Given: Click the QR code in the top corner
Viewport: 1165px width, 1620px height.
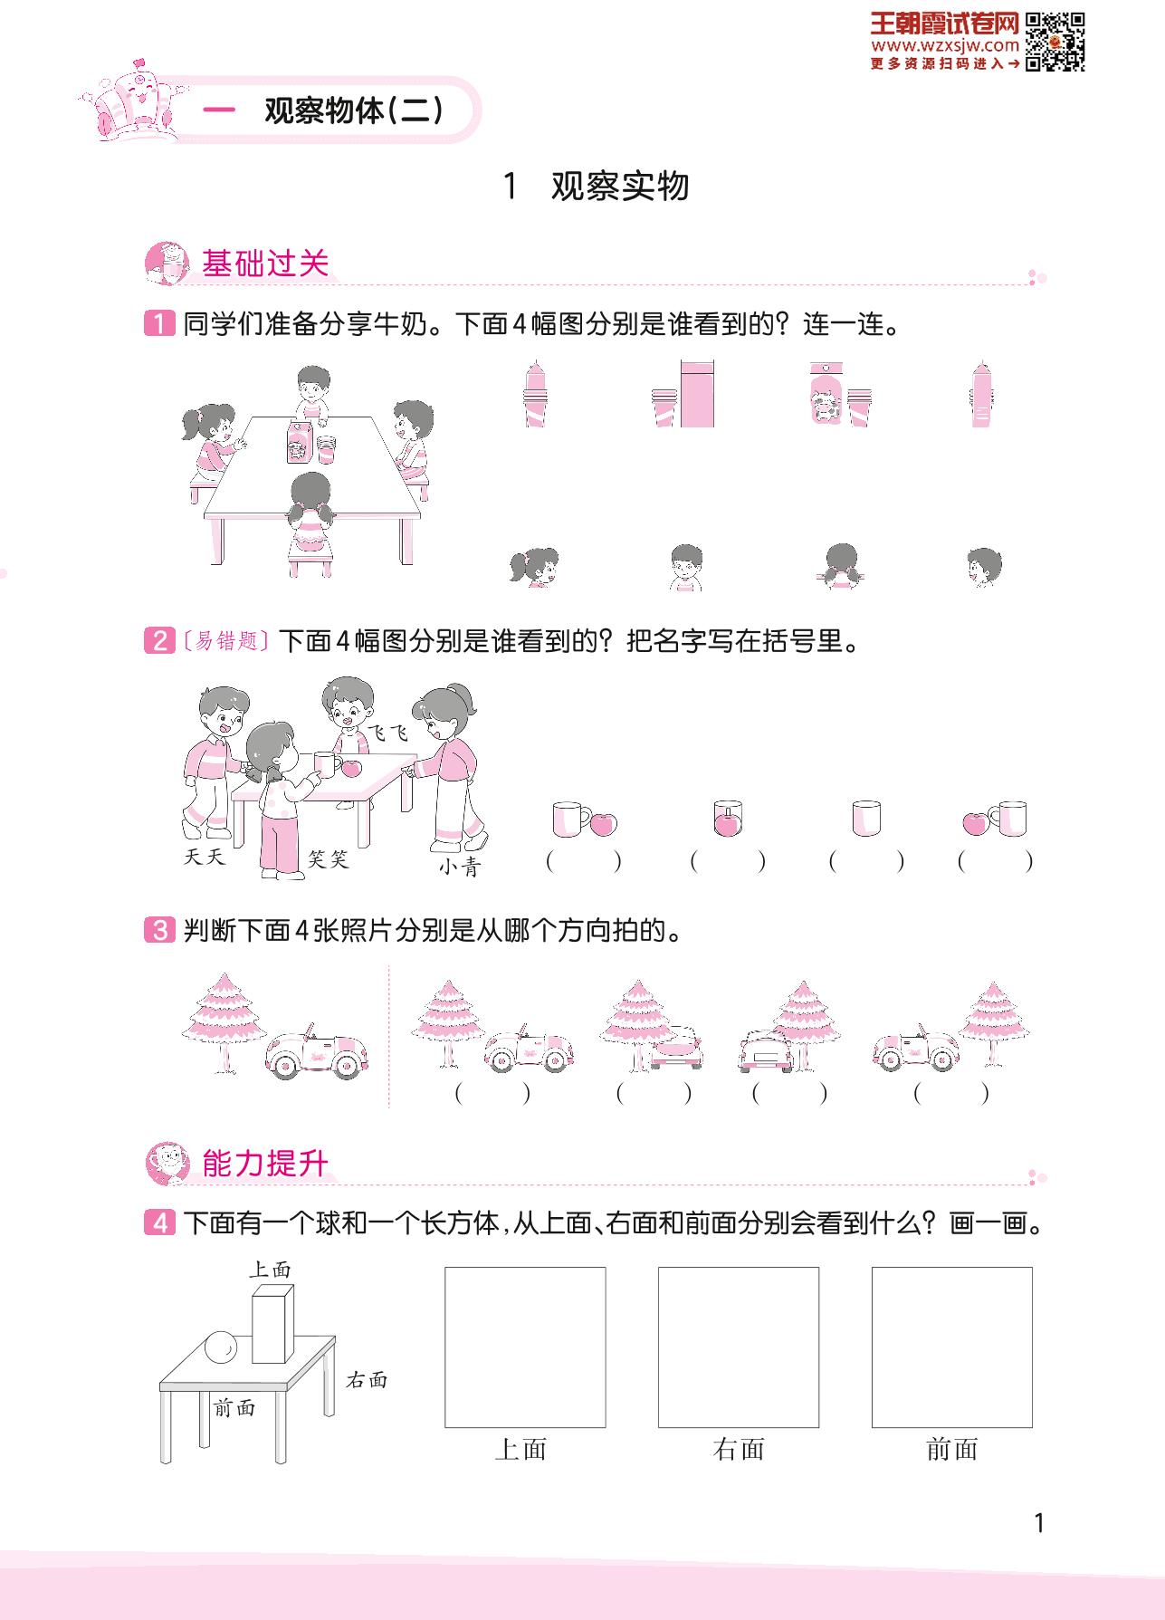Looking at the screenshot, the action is pyautogui.click(x=1055, y=42).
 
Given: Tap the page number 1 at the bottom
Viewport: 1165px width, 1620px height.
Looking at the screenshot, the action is pyautogui.click(x=1039, y=1523).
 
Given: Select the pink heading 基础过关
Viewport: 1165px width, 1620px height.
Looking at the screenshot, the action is pyautogui.click(x=265, y=264).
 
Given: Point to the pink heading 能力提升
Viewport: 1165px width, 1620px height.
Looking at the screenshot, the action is pyautogui.click(x=265, y=1164).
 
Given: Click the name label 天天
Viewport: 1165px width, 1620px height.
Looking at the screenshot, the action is pyautogui.click(x=204, y=857).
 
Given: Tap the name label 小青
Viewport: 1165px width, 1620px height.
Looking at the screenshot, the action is pyautogui.click(x=460, y=868).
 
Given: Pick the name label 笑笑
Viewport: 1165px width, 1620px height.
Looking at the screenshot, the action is pyautogui.click(x=328, y=858).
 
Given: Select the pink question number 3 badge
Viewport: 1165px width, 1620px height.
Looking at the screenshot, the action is pyautogui.click(x=158, y=930).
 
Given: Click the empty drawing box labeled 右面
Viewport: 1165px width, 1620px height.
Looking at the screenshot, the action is pyautogui.click(x=739, y=1347).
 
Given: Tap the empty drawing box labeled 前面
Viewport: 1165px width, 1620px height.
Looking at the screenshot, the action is pyautogui.click(x=952, y=1347).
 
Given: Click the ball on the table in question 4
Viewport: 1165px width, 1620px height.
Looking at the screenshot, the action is pyautogui.click(x=221, y=1347).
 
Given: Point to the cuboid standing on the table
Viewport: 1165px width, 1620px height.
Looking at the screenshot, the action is pyautogui.click(x=272, y=1322).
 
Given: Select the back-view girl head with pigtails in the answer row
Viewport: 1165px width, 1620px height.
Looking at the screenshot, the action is pyautogui.click(x=842, y=567).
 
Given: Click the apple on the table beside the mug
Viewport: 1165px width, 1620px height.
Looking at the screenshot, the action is pyautogui.click(x=351, y=768).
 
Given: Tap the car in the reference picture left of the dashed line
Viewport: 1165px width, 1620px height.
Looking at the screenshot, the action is pyautogui.click(x=316, y=1053).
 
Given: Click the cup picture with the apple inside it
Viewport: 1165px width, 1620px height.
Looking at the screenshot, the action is pyautogui.click(x=728, y=819).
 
